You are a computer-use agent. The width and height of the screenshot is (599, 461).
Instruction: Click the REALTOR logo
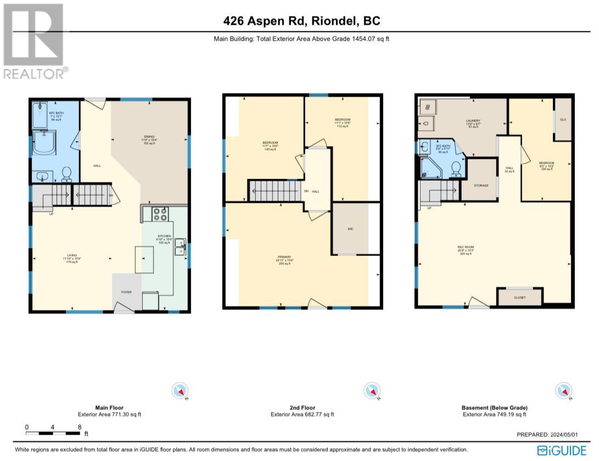(33, 41)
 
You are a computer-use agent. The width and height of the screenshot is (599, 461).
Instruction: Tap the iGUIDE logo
(562, 450)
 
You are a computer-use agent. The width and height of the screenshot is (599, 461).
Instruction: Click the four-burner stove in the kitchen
(160, 214)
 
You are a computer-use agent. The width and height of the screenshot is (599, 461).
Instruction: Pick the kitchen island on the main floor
(145, 259)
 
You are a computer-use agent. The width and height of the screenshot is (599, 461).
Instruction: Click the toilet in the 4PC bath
(67, 174)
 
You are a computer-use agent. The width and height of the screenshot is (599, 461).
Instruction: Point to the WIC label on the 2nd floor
(350, 229)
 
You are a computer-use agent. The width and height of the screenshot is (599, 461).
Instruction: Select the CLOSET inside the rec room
(519, 297)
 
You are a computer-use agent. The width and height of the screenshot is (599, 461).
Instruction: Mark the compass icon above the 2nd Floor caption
(372, 391)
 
